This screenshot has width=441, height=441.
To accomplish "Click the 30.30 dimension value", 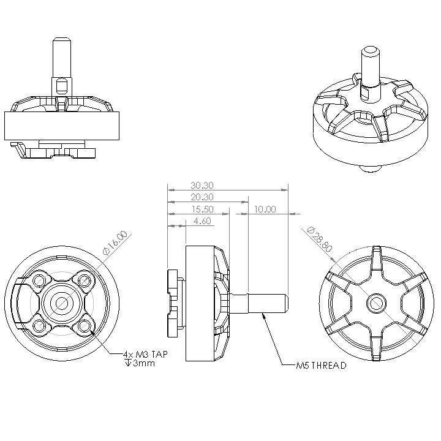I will pos(202,185).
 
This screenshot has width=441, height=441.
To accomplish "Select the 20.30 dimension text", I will pos(202,197).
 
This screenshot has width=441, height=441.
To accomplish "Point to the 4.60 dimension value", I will pos(202,221).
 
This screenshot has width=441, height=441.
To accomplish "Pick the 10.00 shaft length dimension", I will pos(265,209).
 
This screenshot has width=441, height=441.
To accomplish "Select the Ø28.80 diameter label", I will pos(318,240).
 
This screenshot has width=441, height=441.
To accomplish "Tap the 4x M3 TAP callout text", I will pos(146,355).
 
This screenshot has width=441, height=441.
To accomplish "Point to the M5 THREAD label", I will pos(321,366).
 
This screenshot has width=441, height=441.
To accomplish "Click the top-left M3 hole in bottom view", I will pos(40,281).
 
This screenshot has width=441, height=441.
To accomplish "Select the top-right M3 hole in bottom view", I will pos(84,281).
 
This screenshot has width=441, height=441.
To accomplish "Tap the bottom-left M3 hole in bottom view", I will pos(40,325).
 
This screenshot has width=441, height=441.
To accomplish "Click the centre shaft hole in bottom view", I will pos(62,303).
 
